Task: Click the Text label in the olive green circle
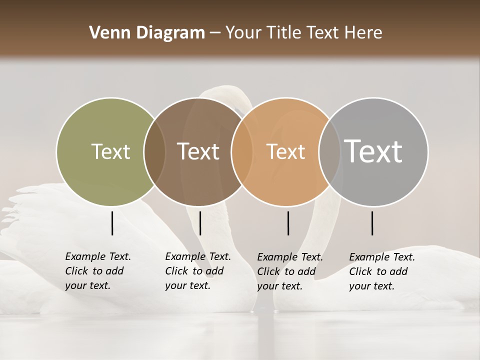pyautogui.click(x=110, y=151)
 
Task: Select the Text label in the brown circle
pyautogui.click(x=198, y=151)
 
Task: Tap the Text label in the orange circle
pyautogui.click(x=285, y=151)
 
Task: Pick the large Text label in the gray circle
pyautogui.click(x=373, y=151)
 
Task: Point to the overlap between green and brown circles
pyautogui.click(x=154, y=151)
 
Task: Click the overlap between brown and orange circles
pyautogui.click(x=242, y=151)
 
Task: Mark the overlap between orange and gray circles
pyautogui.click(x=329, y=151)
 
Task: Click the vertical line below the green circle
pyautogui.click(x=112, y=223)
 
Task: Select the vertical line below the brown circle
pyautogui.click(x=200, y=223)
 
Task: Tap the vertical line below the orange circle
pyautogui.click(x=288, y=223)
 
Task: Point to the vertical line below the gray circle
pyautogui.click(x=372, y=223)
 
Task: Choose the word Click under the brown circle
pyautogui.click(x=176, y=271)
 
